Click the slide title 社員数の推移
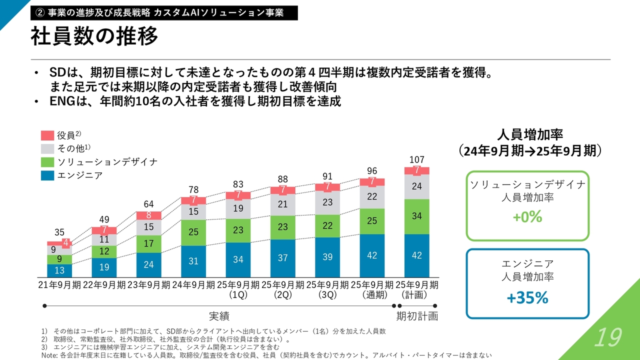tap(94, 36)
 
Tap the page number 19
tap(607, 338)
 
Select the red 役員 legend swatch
tap(47, 135)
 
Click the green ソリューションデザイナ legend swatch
tap(47, 162)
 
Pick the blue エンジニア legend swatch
tap(47, 175)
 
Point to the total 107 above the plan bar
tap(417, 159)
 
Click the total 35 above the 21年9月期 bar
tap(59, 232)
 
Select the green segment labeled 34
tap(417, 216)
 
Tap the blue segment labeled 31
tap(193, 261)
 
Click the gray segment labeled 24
tap(417, 186)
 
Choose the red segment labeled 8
tap(149, 215)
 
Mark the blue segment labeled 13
tap(59, 270)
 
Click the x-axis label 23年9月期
tap(149, 285)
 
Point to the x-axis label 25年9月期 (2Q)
tap(283, 289)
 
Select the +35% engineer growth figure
tap(527, 298)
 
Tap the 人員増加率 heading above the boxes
tap(530, 134)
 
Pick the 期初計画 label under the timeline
tap(417, 316)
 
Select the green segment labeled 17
tap(149, 244)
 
